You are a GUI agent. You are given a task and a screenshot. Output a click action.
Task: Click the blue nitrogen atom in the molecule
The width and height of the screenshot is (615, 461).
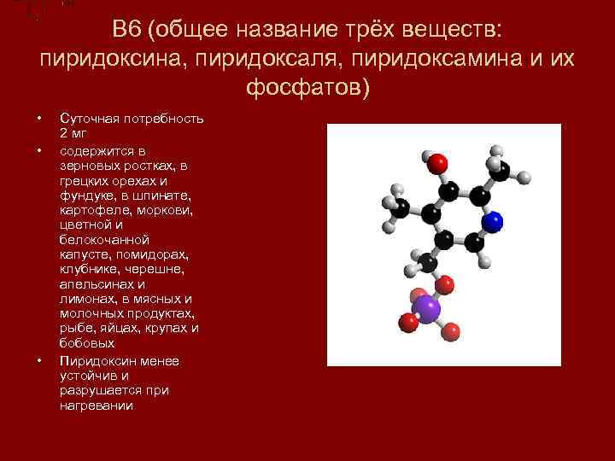point(491,223)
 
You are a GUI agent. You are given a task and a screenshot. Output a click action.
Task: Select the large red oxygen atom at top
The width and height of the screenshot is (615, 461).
point(437,162)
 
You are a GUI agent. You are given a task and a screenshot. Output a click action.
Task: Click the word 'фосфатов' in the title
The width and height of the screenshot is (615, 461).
point(303,88)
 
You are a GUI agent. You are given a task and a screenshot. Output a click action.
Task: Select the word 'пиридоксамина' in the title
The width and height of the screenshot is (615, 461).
point(441,60)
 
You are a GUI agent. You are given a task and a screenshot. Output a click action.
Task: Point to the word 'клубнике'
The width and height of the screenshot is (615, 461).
point(86,269)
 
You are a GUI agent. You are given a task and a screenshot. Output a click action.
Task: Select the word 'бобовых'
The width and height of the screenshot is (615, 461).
point(87,343)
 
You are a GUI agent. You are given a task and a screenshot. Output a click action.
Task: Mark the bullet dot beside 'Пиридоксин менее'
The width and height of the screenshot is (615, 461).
point(39,360)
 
